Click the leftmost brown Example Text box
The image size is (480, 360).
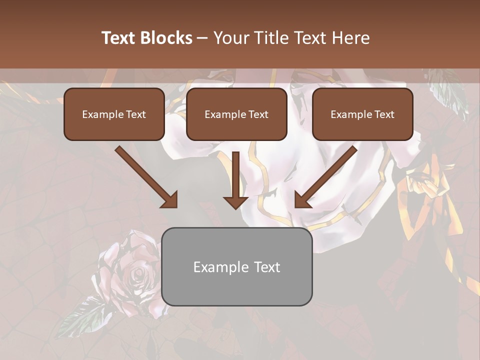(114, 114)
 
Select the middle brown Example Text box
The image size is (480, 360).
(236, 114)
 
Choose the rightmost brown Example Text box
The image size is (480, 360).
(362, 114)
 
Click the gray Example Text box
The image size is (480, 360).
(236, 266)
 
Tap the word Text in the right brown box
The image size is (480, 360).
(384, 114)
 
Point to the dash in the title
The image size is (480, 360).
(202, 38)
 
